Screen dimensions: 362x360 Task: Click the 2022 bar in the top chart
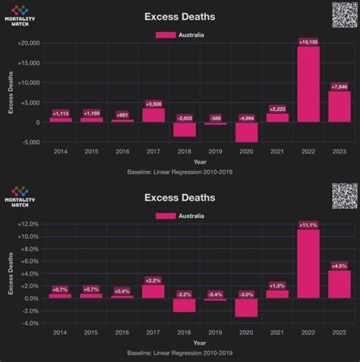click(308, 84)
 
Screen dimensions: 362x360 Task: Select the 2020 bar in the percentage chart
click(246, 308)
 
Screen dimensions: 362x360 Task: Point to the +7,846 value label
click(339, 87)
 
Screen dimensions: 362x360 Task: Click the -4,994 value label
click(246, 118)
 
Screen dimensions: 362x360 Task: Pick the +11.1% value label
click(308, 225)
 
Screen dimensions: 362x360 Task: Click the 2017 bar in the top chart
click(153, 115)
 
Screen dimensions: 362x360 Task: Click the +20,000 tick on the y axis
click(29, 43)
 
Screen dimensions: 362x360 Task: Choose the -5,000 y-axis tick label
click(31, 142)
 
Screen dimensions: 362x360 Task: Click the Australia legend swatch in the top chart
click(165, 35)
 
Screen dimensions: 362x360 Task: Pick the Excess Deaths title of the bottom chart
click(179, 198)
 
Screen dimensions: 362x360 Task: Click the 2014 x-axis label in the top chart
click(60, 151)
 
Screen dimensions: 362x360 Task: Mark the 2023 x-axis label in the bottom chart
click(339, 332)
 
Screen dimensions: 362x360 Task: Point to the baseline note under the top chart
click(179, 172)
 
